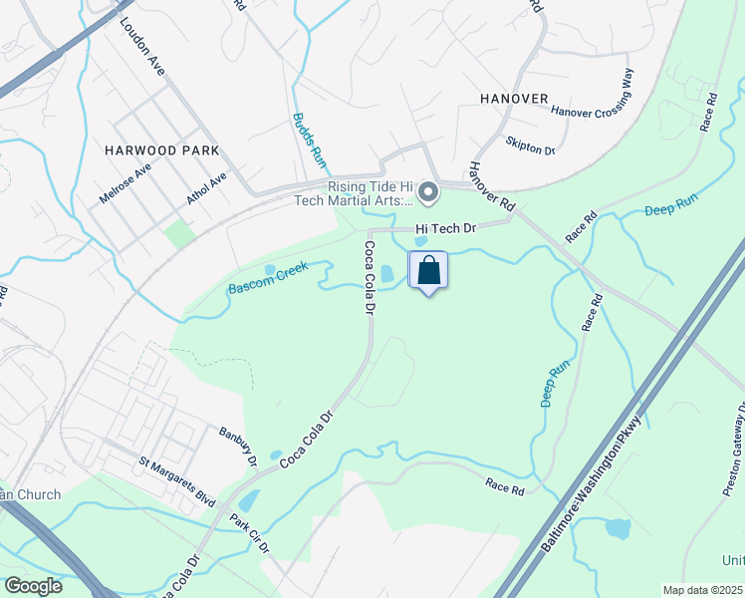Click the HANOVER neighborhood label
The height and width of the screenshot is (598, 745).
click(514, 99)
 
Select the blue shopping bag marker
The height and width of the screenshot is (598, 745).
click(428, 270)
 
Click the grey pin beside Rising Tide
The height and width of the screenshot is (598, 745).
click(428, 192)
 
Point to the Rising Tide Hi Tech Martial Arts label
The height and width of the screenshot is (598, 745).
click(371, 194)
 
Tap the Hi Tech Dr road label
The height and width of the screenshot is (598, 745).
click(447, 228)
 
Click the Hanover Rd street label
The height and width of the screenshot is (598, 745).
click(491, 186)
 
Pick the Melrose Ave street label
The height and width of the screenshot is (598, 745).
click(124, 184)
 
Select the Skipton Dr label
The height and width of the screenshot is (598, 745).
click(530, 146)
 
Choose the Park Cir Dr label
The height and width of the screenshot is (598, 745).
click(251, 535)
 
